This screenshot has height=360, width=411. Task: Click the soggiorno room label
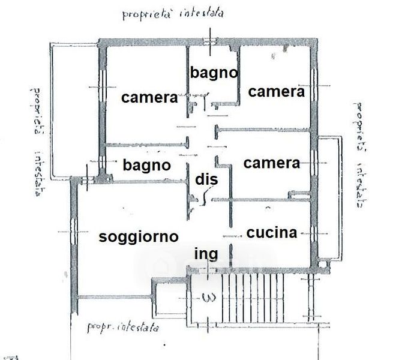139,237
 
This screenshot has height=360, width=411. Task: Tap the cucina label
272,233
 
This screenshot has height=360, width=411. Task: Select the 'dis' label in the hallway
206,179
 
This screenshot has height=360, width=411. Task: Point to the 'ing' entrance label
206,254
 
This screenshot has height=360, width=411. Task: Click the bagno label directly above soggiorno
147,166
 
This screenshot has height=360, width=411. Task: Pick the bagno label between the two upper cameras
214,73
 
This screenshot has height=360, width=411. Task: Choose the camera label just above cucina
272,163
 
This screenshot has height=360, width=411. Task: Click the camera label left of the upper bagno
149,98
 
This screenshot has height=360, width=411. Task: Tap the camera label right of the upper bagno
276,92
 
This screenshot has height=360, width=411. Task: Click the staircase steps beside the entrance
253,298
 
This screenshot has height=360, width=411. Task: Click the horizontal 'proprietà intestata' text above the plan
173,14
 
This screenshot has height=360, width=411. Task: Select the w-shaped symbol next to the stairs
209,298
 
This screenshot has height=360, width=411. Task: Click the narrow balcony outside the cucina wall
329,198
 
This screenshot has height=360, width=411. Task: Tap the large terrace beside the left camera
75,110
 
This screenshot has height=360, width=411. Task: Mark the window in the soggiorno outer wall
74,232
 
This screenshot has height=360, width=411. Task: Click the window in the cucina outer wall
314,233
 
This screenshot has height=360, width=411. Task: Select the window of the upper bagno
210,41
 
